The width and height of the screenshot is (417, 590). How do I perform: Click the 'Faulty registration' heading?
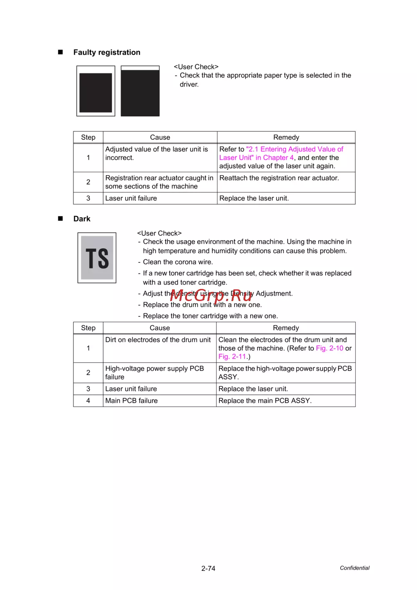coord(107,53)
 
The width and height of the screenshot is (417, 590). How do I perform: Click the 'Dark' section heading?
coord(82,219)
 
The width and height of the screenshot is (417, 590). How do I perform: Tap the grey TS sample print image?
coord(97,258)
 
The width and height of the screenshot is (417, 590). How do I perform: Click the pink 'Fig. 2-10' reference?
coord(329,348)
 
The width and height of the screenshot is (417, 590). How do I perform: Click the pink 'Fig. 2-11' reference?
coord(232,357)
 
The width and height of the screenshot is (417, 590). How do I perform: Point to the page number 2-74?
coord(208,568)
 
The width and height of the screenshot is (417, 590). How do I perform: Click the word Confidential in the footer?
coord(354,568)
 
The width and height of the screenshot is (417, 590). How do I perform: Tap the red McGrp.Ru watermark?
coord(211,295)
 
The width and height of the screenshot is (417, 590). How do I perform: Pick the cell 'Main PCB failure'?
coord(131,401)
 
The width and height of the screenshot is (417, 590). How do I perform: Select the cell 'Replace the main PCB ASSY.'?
coord(265,401)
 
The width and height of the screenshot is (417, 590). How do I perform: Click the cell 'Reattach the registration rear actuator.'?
coord(279,178)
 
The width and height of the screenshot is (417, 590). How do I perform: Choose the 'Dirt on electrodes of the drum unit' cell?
coord(158,340)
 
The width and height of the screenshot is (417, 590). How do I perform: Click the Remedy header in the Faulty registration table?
coord(286,138)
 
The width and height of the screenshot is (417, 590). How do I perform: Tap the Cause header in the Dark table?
coord(160,328)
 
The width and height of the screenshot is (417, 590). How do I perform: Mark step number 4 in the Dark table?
coord(88,401)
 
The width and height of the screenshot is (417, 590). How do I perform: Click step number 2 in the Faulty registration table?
coord(88,182)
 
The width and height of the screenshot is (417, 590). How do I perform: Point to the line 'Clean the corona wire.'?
coord(178,262)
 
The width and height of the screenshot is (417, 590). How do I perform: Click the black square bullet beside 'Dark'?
coord(60,218)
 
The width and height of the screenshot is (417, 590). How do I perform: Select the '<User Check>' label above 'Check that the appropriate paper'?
coord(196,67)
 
